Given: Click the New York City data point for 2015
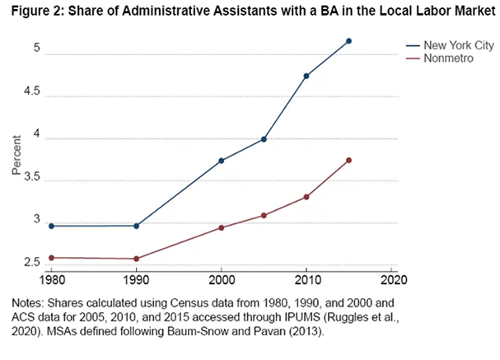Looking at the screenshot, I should (x=349, y=41).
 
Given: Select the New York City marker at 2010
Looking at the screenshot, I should (x=306, y=76).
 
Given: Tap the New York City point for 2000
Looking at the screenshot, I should (x=222, y=161).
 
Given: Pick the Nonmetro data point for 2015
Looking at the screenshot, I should (x=349, y=160).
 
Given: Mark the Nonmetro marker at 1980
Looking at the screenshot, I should (x=51, y=258).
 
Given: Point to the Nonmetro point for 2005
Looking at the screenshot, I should (x=264, y=216).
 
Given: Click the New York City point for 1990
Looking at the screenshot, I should (x=137, y=226).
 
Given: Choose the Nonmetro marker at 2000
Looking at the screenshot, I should (x=222, y=227).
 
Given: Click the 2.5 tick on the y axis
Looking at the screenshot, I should (x=30, y=264).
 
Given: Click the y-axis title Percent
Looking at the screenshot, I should (x=16, y=158).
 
